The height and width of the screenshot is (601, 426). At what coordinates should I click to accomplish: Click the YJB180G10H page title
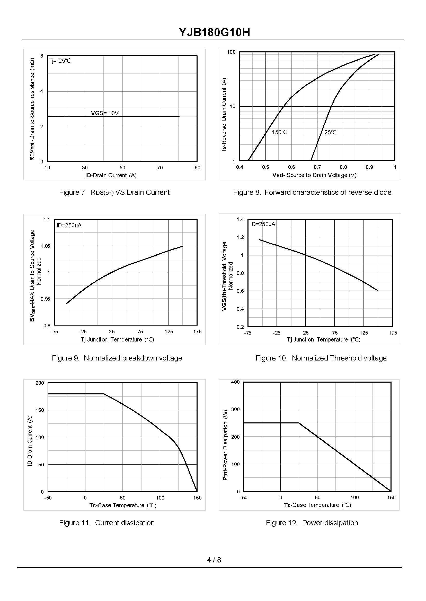point(214,32)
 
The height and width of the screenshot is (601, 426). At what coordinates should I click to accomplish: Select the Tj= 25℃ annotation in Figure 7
point(60,61)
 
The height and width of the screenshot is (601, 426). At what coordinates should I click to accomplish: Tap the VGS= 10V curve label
point(105,113)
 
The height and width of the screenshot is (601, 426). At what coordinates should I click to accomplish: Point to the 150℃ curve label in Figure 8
point(279,132)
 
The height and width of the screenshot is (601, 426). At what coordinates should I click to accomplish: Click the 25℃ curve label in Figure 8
point(330,133)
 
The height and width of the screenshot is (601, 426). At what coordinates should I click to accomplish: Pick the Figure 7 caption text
point(114,192)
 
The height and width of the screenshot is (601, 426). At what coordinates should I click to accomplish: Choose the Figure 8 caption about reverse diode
point(312,192)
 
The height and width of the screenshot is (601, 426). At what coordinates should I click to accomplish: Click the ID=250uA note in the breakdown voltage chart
point(69,226)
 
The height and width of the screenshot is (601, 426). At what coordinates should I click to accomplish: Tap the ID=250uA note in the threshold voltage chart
point(263,224)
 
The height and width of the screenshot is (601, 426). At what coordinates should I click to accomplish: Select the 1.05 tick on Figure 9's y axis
point(45,246)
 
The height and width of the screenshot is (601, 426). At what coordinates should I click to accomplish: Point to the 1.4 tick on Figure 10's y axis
point(240,219)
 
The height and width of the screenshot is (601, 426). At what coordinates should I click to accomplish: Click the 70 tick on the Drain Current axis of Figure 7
point(160,168)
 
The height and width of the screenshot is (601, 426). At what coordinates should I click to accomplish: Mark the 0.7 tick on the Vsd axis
point(317,167)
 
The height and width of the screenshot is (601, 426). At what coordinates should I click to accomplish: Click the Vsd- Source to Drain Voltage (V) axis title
point(314,175)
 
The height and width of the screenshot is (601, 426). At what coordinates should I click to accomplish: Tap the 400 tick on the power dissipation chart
point(235,382)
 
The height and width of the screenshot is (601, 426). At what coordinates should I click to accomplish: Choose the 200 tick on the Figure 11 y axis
point(40,383)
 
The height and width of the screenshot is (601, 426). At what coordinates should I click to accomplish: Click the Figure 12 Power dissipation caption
point(312,523)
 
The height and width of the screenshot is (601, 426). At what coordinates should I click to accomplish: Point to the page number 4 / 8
point(214,560)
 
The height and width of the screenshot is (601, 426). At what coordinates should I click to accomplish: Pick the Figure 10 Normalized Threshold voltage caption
point(321,358)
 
